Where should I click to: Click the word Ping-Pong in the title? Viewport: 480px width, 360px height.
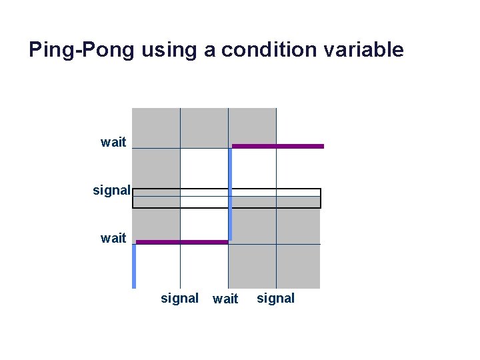point(82,50)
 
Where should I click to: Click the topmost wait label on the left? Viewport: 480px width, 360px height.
point(113,142)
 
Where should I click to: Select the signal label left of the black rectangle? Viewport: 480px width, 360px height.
point(111,190)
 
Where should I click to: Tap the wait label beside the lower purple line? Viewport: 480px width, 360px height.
point(113,238)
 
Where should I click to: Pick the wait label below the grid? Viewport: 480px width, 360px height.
point(225,299)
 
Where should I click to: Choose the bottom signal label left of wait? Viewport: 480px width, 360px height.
point(179,298)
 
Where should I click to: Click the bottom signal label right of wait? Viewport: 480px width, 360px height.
point(275,298)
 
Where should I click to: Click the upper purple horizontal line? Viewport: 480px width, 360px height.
point(277,146)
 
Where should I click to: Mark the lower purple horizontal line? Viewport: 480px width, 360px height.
point(182,242)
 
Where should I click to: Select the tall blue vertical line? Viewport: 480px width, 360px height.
point(230,193)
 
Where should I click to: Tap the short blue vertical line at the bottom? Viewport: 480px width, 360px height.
point(134,266)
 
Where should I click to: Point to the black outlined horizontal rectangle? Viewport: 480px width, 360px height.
point(227,198)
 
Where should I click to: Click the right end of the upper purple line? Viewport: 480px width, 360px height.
point(323,146)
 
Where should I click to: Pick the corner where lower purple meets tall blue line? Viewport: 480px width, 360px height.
point(229,241)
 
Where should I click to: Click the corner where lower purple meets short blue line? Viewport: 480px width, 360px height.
point(135,243)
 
